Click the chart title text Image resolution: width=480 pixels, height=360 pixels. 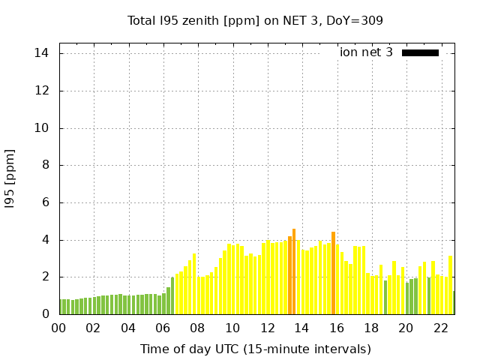pos(255,20)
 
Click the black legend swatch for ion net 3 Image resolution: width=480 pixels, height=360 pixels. pos(420,52)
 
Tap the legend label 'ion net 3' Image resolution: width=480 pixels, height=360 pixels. pos(366,52)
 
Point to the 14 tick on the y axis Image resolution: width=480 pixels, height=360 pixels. pos(41,53)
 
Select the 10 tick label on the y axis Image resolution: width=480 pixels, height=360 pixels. pos(41,128)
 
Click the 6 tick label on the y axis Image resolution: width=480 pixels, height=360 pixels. pos(45,202)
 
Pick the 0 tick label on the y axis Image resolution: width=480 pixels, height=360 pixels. pos(45,314)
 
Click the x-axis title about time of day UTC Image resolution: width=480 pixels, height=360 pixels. pos(255,349)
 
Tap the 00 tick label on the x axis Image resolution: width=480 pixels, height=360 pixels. pos(58,328)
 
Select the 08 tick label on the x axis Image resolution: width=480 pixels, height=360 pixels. pos(197,328)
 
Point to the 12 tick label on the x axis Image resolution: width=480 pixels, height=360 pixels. pos(267,328)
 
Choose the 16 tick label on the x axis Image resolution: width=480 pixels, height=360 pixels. pos(337,328)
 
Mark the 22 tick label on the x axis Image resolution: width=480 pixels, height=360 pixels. pos(441,328)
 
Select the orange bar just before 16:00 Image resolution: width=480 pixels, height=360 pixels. pos(333,273)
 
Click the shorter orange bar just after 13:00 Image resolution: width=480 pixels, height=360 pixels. pos(289,275)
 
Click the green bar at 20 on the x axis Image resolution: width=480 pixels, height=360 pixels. pos(407,298)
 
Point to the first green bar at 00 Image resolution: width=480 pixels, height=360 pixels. pos(61,307)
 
